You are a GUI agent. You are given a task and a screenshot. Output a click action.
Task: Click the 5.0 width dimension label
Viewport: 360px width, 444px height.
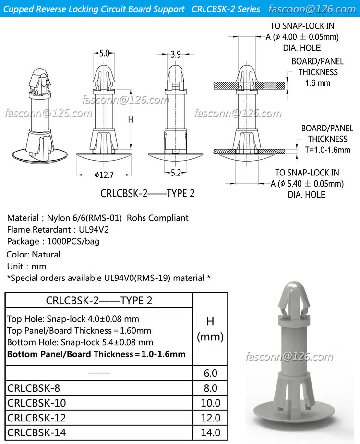pos(104,53)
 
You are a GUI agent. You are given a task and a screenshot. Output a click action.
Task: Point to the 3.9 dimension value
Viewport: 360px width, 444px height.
pos(176,54)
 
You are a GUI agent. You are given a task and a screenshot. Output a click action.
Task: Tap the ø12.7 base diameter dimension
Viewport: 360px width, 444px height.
pos(104,175)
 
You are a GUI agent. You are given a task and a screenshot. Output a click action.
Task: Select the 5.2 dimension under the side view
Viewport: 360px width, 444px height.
pos(176,173)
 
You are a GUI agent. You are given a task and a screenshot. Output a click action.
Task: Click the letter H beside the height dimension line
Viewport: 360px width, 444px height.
pos(131,119)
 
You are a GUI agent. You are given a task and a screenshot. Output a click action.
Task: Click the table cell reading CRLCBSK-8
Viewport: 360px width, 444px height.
pos(34,388)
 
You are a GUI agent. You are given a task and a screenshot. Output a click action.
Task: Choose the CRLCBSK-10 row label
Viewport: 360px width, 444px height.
pos(36,403)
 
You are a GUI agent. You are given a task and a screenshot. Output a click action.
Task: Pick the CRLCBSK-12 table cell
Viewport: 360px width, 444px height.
pos(36,418)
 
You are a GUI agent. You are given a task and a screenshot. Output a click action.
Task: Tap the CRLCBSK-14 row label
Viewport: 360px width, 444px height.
pos(36,432)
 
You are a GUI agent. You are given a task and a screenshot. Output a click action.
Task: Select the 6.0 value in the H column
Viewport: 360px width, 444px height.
pos(210,373)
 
